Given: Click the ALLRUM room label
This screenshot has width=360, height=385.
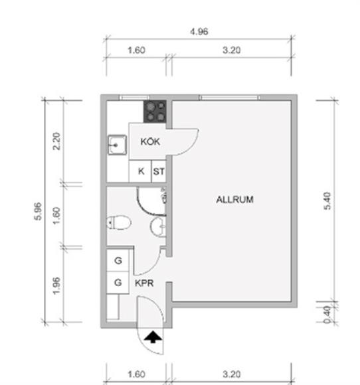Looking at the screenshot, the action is click(x=234, y=199).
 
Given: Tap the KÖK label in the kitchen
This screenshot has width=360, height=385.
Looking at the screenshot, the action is click(x=150, y=141).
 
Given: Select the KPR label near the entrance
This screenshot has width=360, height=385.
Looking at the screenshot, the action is click(x=144, y=283).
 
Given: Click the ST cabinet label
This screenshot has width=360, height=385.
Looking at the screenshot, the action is click(x=159, y=171).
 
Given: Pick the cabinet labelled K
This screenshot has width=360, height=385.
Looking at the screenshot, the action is click(x=140, y=171).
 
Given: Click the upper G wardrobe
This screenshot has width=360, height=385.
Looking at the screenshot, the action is click(x=118, y=260).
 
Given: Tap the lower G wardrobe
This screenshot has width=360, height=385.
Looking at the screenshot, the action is click(x=118, y=283).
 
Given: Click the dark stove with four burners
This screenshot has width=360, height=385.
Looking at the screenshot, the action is click(x=155, y=112).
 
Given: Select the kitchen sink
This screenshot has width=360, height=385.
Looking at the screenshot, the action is click(x=117, y=145).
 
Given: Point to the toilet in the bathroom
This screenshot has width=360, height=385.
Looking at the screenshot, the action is click(x=118, y=222).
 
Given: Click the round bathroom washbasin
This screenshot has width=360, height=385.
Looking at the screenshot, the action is click(x=158, y=227).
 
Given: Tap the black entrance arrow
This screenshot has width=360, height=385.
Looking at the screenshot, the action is click(x=153, y=337).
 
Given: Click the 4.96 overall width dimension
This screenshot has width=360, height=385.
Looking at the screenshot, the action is click(x=199, y=32).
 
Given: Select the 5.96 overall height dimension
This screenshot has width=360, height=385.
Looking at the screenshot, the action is click(x=38, y=211).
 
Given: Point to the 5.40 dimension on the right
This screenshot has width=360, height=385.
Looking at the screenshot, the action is click(x=327, y=200).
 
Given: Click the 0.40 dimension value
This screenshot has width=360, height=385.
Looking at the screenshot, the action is click(x=327, y=315).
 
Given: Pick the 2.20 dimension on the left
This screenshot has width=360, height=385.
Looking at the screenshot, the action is click(x=56, y=141).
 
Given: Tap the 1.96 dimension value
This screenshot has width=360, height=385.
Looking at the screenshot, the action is click(x=56, y=285).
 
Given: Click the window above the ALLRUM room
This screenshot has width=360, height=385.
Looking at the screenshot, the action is click(x=229, y=98).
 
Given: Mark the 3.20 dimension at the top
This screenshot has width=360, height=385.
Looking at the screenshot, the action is click(x=232, y=50).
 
